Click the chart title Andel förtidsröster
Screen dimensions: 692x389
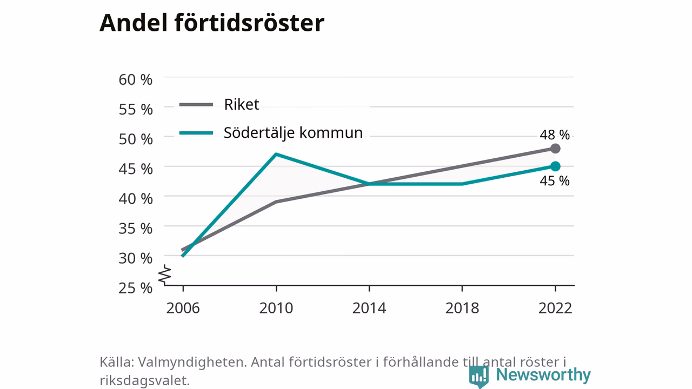pyautogui.click(x=212, y=23)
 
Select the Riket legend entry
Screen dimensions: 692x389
pyautogui.click(x=219, y=104)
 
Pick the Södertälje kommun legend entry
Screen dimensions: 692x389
pyautogui.click(x=271, y=133)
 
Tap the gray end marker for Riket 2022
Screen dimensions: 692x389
pyautogui.click(x=555, y=149)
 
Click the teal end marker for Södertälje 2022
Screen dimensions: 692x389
pyautogui.click(x=555, y=166)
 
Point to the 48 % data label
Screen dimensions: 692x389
pyautogui.click(x=555, y=135)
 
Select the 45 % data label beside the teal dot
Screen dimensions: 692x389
pyautogui.click(x=555, y=180)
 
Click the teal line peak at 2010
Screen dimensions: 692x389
pyautogui.click(x=276, y=154)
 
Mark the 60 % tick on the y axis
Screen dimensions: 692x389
pyautogui.click(x=136, y=79)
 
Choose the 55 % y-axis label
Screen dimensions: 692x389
pyautogui.click(x=136, y=109)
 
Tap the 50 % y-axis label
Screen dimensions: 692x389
pyautogui.click(x=136, y=139)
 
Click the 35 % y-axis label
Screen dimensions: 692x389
pyautogui.click(x=136, y=229)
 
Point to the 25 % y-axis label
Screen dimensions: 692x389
pyautogui.click(x=136, y=288)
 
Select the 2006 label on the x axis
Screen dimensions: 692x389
pyautogui.click(x=183, y=308)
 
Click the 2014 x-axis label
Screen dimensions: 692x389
pyautogui.click(x=369, y=308)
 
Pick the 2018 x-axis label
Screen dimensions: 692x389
pyautogui.click(x=462, y=308)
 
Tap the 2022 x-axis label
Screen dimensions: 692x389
pyautogui.click(x=555, y=308)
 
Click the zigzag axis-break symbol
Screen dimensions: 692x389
pyautogui.click(x=165, y=275)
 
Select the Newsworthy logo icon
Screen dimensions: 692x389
pyautogui.click(x=479, y=377)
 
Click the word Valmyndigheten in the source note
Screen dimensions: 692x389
pyautogui.click(x=192, y=362)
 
